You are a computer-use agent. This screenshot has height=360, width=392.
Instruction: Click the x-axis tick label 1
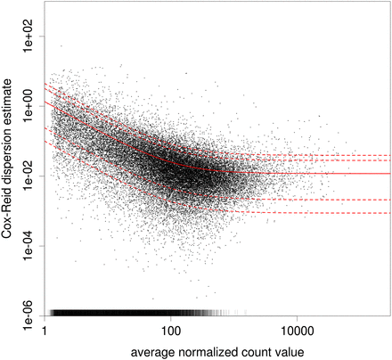click(45, 331)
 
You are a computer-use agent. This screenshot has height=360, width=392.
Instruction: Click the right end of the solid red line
click(389, 173)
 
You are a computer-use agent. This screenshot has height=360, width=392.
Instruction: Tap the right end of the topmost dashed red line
click(389, 155)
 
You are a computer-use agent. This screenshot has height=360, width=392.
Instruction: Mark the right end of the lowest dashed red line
click(389, 213)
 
